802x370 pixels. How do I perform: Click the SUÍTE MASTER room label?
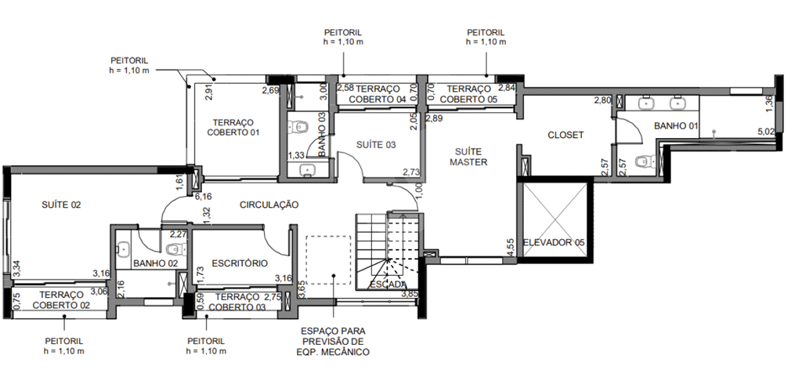coord(468,157)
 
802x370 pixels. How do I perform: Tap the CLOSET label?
coord(565,135)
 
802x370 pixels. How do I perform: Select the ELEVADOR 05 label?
coord(554,242)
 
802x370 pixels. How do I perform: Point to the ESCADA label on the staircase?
coord(388,285)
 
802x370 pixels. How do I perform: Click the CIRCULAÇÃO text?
coord(269,205)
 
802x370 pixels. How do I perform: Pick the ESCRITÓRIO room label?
coord(240,263)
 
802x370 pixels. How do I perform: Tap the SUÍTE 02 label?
coord(61,205)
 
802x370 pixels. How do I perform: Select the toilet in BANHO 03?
coord(297,127)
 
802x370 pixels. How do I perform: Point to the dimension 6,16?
coord(203,197)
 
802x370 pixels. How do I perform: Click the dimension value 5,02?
coord(766,132)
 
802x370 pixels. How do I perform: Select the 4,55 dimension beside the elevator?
coord(511,246)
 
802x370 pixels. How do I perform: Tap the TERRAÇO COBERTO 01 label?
coord(233,128)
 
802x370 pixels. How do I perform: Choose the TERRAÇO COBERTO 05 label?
coord(468,94)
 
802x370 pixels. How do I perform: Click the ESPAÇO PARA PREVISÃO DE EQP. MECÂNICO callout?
coord(333,341)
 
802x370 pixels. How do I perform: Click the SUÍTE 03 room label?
coord(376,145)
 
